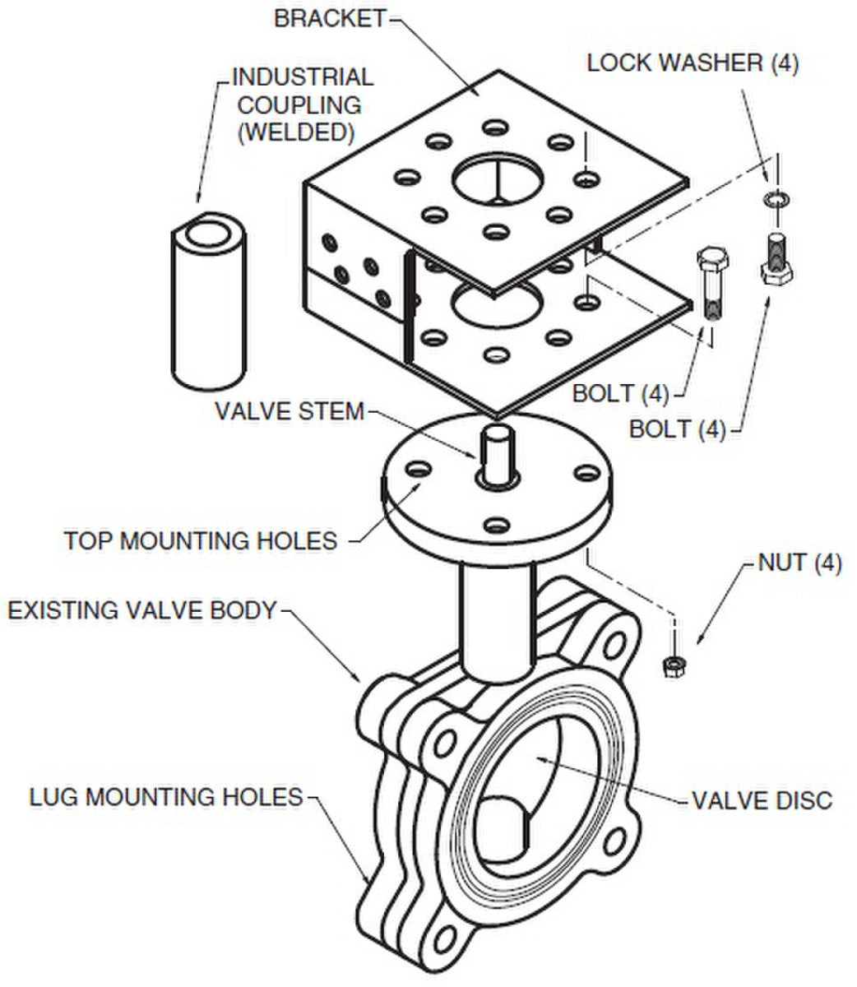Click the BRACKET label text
[x=329, y=19]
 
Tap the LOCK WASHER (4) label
[x=692, y=64]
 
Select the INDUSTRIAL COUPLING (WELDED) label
[x=302, y=104]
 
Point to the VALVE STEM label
[x=289, y=410]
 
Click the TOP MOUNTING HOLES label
[x=201, y=540]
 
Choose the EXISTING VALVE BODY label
[x=141, y=610]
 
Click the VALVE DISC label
[x=762, y=799]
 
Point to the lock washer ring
[x=774, y=199]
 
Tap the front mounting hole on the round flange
[x=495, y=523]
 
